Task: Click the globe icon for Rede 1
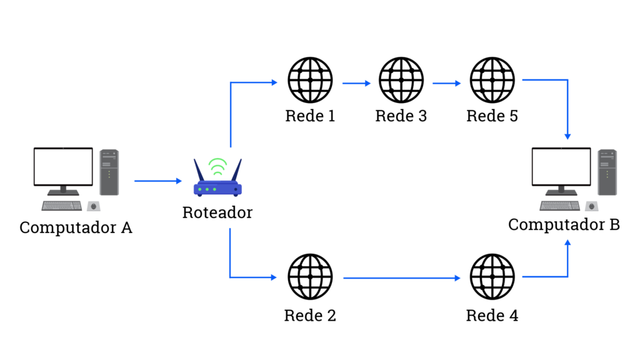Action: [x=310, y=80]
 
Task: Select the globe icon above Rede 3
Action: [x=401, y=80]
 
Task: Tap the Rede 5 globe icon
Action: [x=492, y=80]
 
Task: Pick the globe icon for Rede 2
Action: [x=310, y=277]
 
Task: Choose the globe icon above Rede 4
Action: [x=492, y=277]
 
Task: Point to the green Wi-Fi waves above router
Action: [x=217, y=166]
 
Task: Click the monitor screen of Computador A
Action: [x=63, y=166]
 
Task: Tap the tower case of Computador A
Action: [x=109, y=172]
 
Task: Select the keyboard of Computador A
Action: [x=61, y=206]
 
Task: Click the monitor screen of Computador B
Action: [x=561, y=166]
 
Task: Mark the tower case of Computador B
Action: [x=607, y=172]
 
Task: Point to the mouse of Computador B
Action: [x=591, y=206]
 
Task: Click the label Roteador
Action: [x=217, y=212]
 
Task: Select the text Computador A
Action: [x=76, y=227]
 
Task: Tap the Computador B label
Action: [x=564, y=224]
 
